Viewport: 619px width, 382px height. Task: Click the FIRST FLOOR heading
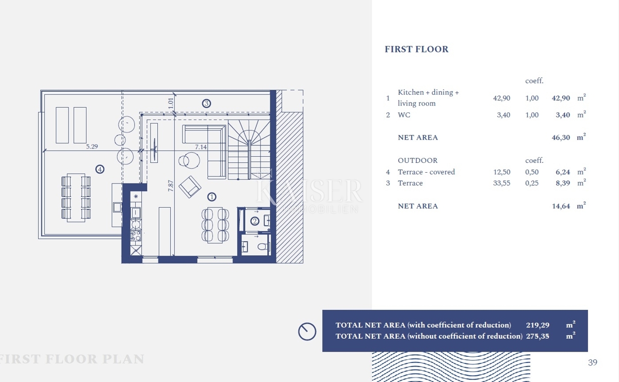[x=416, y=49]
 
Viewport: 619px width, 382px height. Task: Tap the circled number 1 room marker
[x=211, y=197]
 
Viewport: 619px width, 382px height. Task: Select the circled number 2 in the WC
[x=254, y=221]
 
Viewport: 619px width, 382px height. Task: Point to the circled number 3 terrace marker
[x=206, y=103]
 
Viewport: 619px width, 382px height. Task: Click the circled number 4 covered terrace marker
[x=100, y=169]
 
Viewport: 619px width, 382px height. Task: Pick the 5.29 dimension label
[x=92, y=146]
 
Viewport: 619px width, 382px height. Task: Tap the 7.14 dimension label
[x=201, y=147]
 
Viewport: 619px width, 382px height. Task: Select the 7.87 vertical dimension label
[x=171, y=186]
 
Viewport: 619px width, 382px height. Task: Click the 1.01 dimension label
[x=171, y=103]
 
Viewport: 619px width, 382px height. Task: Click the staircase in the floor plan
[x=249, y=150]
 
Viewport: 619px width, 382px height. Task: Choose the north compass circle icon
[x=307, y=331]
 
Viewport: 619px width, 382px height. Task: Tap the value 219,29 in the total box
[x=537, y=325]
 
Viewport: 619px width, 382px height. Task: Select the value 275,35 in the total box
[x=537, y=336]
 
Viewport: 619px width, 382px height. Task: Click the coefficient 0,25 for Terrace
[x=532, y=183]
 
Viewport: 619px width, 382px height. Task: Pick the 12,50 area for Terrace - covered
[x=501, y=172]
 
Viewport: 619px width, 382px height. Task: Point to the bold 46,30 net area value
[x=561, y=138]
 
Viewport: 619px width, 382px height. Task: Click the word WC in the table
[x=404, y=115]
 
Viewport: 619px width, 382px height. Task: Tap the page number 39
[x=593, y=362]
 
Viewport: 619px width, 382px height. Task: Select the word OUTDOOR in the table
[x=417, y=160]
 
